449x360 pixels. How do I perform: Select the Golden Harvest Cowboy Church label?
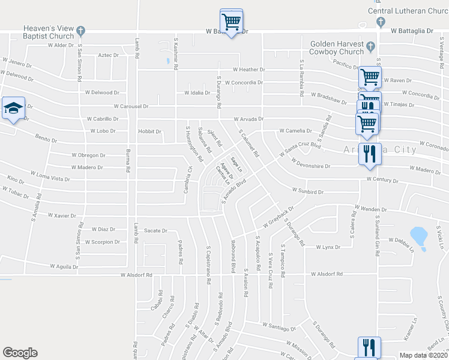(x=337, y=48)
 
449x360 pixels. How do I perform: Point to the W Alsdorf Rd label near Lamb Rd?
(x=137, y=275)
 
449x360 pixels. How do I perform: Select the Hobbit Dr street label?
(x=150, y=131)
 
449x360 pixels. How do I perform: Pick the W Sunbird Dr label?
(x=308, y=191)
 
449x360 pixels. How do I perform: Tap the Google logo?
(x=20, y=353)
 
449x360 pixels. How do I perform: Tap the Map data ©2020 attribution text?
(x=424, y=355)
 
